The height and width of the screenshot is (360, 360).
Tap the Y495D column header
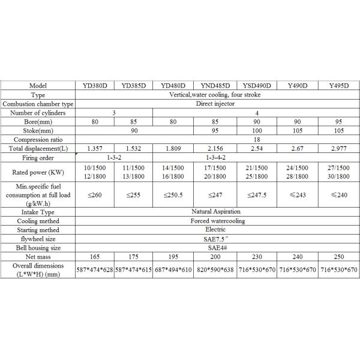coord(339,86)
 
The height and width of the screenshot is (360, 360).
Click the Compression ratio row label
coord(38,139)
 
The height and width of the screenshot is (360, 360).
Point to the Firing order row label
coord(38,157)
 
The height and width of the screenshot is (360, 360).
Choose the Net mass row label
coord(38,256)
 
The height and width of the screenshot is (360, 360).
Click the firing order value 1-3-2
coord(113,157)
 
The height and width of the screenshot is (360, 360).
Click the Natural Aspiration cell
coord(217,212)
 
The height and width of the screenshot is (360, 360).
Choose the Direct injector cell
coord(217,103)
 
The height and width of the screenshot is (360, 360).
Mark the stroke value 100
coord(257,130)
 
